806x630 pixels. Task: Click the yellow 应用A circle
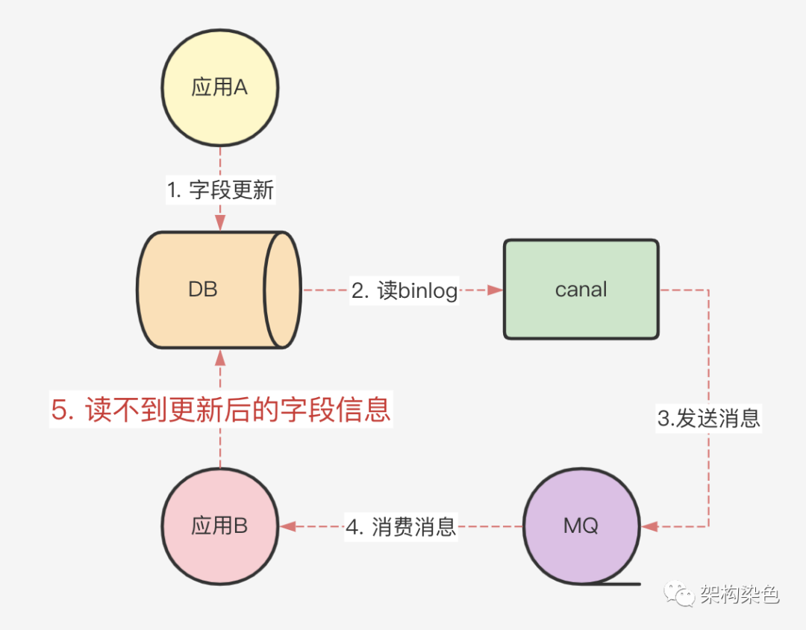(x=220, y=88)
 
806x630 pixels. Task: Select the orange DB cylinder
(x=203, y=290)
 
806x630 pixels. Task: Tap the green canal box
(x=581, y=290)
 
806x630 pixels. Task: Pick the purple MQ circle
(x=581, y=526)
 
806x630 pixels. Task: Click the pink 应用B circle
(x=220, y=526)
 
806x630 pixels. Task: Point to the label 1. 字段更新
(x=220, y=190)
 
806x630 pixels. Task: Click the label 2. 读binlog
(x=404, y=290)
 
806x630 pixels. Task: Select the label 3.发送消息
(x=708, y=418)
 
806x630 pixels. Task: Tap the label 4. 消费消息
(x=401, y=527)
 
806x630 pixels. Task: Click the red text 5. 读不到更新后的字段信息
(x=221, y=410)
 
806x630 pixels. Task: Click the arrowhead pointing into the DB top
(x=220, y=223)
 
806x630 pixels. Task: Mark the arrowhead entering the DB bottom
(x=220, y=358)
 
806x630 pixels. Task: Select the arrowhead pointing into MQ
(x=649, y=526)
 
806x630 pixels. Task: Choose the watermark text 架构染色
(x=739, y=594)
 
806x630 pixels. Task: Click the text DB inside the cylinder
(x=203, y=290)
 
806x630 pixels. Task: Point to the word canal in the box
(x=581, y=290)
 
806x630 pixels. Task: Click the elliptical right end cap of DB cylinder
(x=284, y=290)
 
